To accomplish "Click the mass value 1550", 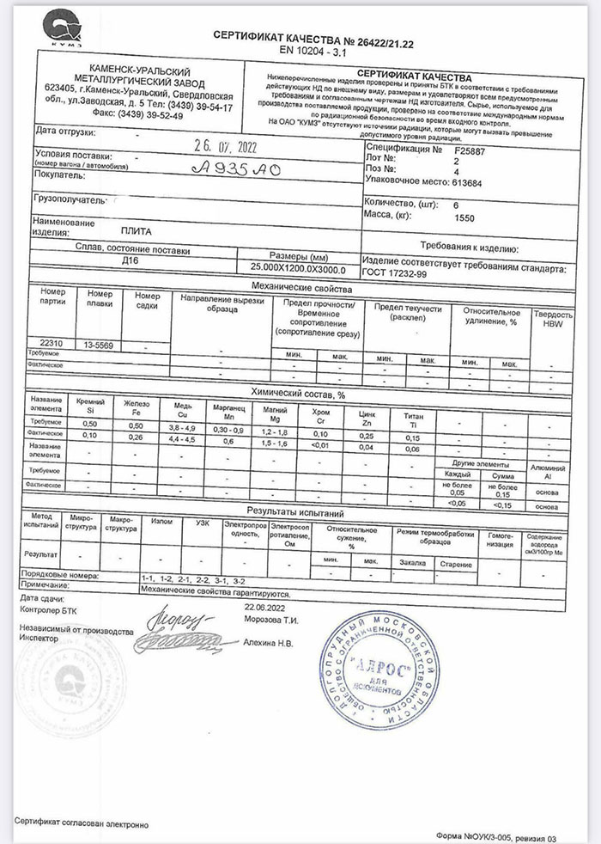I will click(x=464, y=219).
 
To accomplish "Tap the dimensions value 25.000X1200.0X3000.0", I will click(x=297, y=269).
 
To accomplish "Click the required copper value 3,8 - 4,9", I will click(x=183, y=426).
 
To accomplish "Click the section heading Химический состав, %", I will click(x=297, y=393).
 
